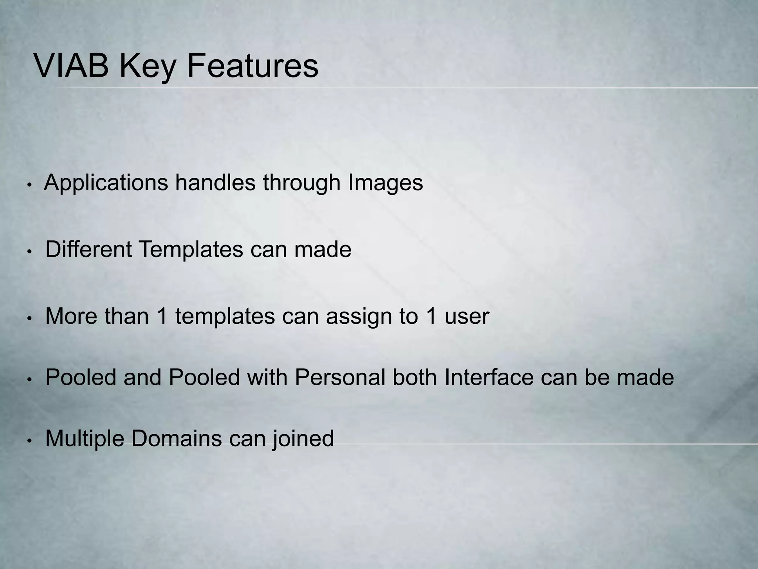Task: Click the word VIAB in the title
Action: click(71, 66)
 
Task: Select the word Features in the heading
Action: click(252, 66)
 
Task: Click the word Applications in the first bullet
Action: click(106, 183)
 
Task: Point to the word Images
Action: click(385, 183)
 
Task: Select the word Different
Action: click(88, 249)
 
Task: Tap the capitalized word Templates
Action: click(191, 249)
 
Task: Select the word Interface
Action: click(489, 377)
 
